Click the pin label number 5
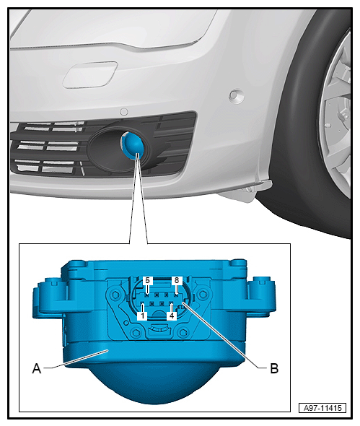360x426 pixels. tap(147, 280)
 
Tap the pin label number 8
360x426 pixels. tap(177, 280)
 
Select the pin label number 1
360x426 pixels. tap(142, 316)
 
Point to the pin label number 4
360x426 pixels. tap(172, 316)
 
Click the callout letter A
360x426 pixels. tap(37, 368)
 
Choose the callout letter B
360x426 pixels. tap(274, 368)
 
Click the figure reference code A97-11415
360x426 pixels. tap(322, 408)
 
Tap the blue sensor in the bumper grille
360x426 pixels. tap(132, 144)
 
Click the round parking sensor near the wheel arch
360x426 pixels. tap(236, 96)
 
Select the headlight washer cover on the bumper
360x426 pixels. tap(90, 75)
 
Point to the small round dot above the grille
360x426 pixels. tap(124, 112)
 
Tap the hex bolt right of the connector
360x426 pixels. tap(202, 294)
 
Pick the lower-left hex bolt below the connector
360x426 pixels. tap(136, 332)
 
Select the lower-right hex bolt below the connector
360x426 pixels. tap(183, 332)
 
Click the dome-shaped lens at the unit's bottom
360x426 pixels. tap(154, 383)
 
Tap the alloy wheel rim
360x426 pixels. tap(335, 117)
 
